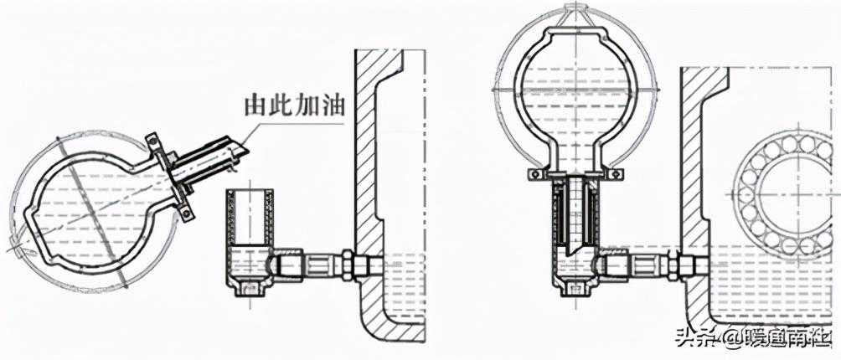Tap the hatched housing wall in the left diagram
[369, 167]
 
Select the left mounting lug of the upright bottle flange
[534, 174]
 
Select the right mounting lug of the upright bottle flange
[616, 174]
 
